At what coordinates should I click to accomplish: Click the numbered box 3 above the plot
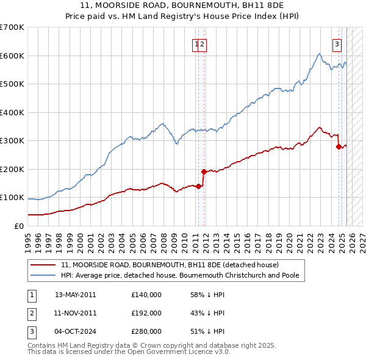[x=337, y=43]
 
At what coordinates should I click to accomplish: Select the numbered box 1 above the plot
[x=196, y=43]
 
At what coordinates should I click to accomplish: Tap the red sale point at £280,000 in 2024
[x=339, y=146]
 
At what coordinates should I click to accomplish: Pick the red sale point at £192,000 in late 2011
[x=204, y=171]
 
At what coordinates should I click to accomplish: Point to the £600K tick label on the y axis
[x=12, y=56]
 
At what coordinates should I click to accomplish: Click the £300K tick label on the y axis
[x=12, y=141]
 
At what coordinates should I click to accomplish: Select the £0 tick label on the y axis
[x=18, y=226]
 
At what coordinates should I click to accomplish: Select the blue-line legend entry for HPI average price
[x=179, y=276]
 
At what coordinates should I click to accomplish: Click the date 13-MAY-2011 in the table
[x=75, y=295]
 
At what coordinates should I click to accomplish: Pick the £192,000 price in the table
[x=146, y=313]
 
